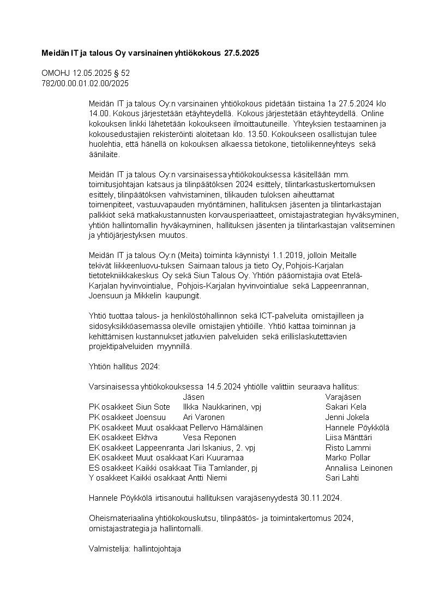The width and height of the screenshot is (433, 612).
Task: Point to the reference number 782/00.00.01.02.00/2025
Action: coord(86,83)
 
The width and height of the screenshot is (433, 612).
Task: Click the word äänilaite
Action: coord(104,154)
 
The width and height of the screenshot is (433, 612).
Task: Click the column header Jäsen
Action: coord(194,397)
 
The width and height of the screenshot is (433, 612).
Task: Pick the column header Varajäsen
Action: coord(343,397)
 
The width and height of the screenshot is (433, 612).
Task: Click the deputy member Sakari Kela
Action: coord(346,407)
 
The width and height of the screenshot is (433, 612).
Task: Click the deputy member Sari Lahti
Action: coord(342,478)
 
